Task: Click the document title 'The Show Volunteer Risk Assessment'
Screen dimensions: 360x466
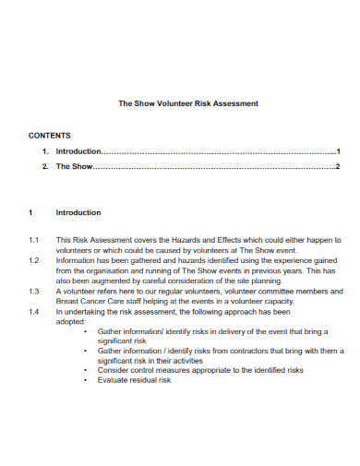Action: click(x=188, y=103)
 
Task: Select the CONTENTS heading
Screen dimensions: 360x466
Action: click(x=50, y=135)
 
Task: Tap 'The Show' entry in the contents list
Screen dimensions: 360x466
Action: click(x=75, y=167)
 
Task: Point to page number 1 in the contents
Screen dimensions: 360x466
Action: click(x=339, y=151)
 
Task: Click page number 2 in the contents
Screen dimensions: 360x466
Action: click(x=339, y=167)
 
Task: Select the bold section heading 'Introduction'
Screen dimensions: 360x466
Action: click(x=78, y=212)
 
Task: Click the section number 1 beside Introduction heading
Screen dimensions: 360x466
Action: click(x=30, y=212)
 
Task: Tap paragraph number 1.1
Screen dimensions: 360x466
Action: click(x=33, y=239)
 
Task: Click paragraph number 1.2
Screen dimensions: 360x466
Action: click(x=33, y=260)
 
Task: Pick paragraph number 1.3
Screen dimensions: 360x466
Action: click(x=33, y=291)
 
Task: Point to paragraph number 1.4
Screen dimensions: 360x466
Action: click(x=33, y=312)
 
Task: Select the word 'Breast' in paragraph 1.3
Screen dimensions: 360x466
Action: click(x=68, y=301)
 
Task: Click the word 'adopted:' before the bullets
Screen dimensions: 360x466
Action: click(x=71, y=322)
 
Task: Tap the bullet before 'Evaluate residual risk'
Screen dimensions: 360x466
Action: click(x=86, y=380)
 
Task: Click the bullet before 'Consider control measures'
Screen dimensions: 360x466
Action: click(x=86, y=370)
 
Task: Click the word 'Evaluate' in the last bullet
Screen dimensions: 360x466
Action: click(x=114, y=380)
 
